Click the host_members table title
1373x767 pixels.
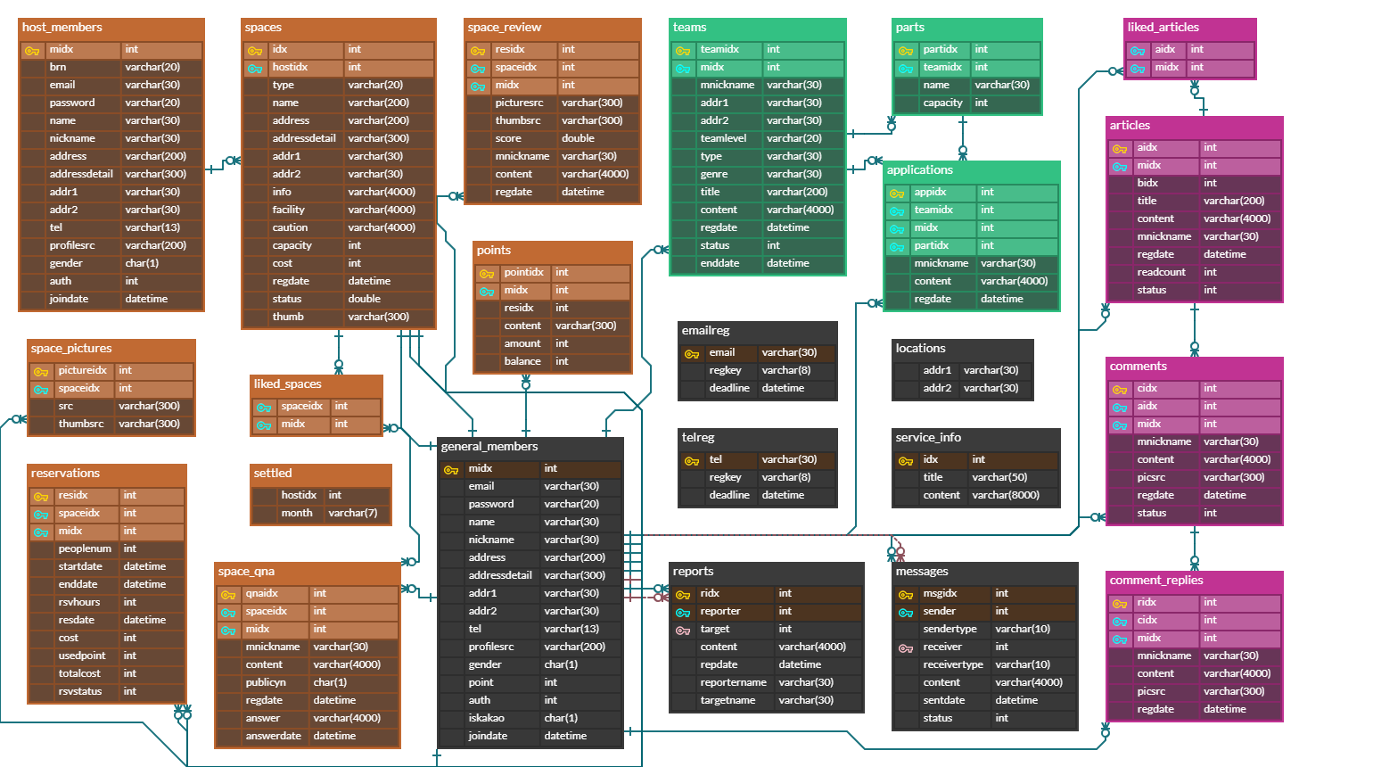point(62,28)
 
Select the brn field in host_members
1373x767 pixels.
point(58,67)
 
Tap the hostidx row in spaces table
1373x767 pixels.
point(291,67)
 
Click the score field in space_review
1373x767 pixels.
point(508,138)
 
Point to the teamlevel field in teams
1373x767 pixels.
point(723,138)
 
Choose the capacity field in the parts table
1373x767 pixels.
point(942,103)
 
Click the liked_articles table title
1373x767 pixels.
point(1163,28)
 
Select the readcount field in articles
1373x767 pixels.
point(1161,272)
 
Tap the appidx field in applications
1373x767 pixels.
point(930,192)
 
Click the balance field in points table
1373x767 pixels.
point(522,361)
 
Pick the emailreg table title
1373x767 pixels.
point(705,331)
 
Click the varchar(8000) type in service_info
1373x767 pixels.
point(1006,495)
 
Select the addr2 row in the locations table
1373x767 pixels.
point(937,388)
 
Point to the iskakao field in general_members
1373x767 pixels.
point(486,718)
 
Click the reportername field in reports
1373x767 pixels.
point(733,682)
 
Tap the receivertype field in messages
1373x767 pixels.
point(953,664)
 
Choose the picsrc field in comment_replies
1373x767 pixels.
point(1151,691)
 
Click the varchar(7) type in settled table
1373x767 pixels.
point(352,513)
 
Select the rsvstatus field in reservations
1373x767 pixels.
point(80,691)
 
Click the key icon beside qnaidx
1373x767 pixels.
point(228,594)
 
